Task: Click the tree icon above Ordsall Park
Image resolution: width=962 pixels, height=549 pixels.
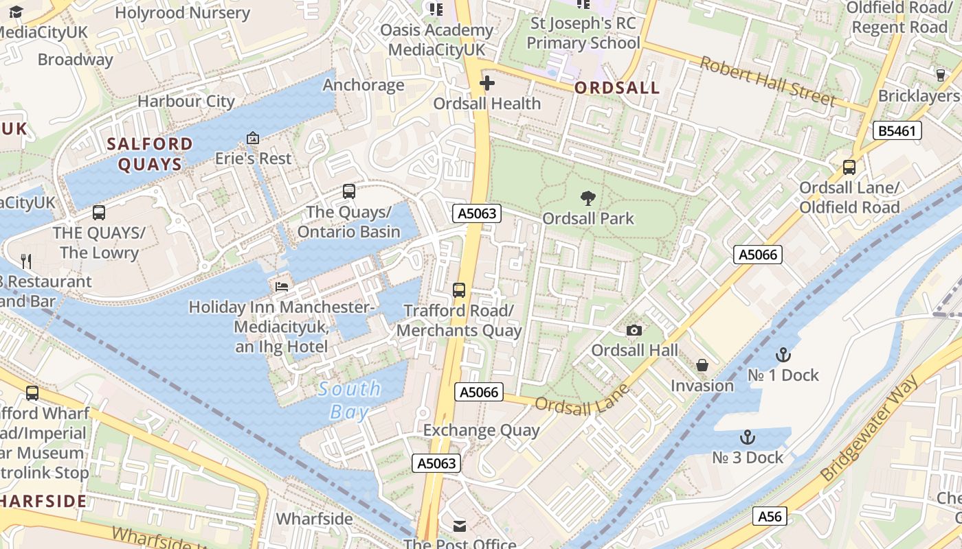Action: coord(588,198)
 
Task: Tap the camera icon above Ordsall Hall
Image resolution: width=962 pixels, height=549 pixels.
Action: coord(634,331)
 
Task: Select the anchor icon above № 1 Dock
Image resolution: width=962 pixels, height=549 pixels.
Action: coord(783,355)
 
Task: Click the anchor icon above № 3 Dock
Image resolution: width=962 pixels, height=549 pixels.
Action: coord(747,437)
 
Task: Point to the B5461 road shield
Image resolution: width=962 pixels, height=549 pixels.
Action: coord(897,130)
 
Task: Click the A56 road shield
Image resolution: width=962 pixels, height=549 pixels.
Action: coord(769,517)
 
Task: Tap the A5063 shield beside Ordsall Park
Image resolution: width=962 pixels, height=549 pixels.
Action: coord(477,213)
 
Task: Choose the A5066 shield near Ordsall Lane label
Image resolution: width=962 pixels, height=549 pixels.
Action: coord(479,393)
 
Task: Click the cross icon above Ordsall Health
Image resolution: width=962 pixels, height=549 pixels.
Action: coord(486,84)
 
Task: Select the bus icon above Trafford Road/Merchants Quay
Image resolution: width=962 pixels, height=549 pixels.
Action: coord(459,290)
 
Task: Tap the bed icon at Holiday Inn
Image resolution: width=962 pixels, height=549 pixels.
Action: coord(281,286)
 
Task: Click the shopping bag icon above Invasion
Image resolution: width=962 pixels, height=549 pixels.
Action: coord(702,365)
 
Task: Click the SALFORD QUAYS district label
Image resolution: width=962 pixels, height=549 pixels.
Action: coord(150,154)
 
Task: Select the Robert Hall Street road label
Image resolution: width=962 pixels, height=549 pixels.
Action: coord(768,81)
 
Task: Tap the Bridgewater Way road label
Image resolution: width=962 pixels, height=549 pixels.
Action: coord(869,429)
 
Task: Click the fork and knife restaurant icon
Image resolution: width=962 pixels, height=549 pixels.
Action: coord(26,261)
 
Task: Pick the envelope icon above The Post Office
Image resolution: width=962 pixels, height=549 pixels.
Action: coord(460,526)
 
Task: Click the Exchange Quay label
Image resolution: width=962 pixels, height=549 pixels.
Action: coord(481,431)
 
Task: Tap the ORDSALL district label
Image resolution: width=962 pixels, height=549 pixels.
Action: coord(616,88)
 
